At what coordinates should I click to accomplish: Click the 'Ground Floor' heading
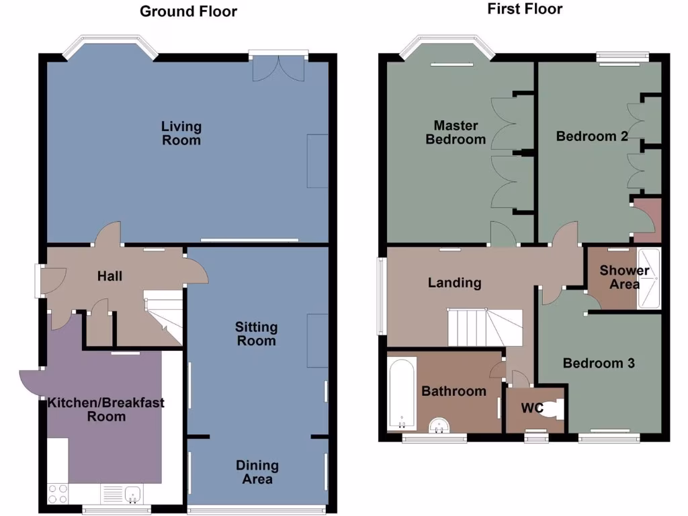tap(188, 11)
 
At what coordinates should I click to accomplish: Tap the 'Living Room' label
tap(181, 133)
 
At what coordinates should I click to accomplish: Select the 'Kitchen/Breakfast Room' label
tap(106, 409)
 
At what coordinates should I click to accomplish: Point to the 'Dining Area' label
tap(257, 472)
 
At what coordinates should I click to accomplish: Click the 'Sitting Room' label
tap(256, 333)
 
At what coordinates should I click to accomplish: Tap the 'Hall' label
tap(110, 275)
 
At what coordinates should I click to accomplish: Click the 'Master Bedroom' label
tap(456, 132)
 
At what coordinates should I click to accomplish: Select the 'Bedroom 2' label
tap(592, 136)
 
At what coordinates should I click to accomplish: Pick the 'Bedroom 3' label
tap(599, 363)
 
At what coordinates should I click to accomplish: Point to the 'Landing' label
tap(455, 282)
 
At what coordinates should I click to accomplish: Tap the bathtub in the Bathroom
tap(402, 394)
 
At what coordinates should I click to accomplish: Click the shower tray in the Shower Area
tap(649, 279)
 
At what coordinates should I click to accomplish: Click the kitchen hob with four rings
tap(58, 494)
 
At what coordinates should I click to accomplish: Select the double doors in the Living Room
tap(278, 67)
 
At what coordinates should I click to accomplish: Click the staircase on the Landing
tap(484, 327)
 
